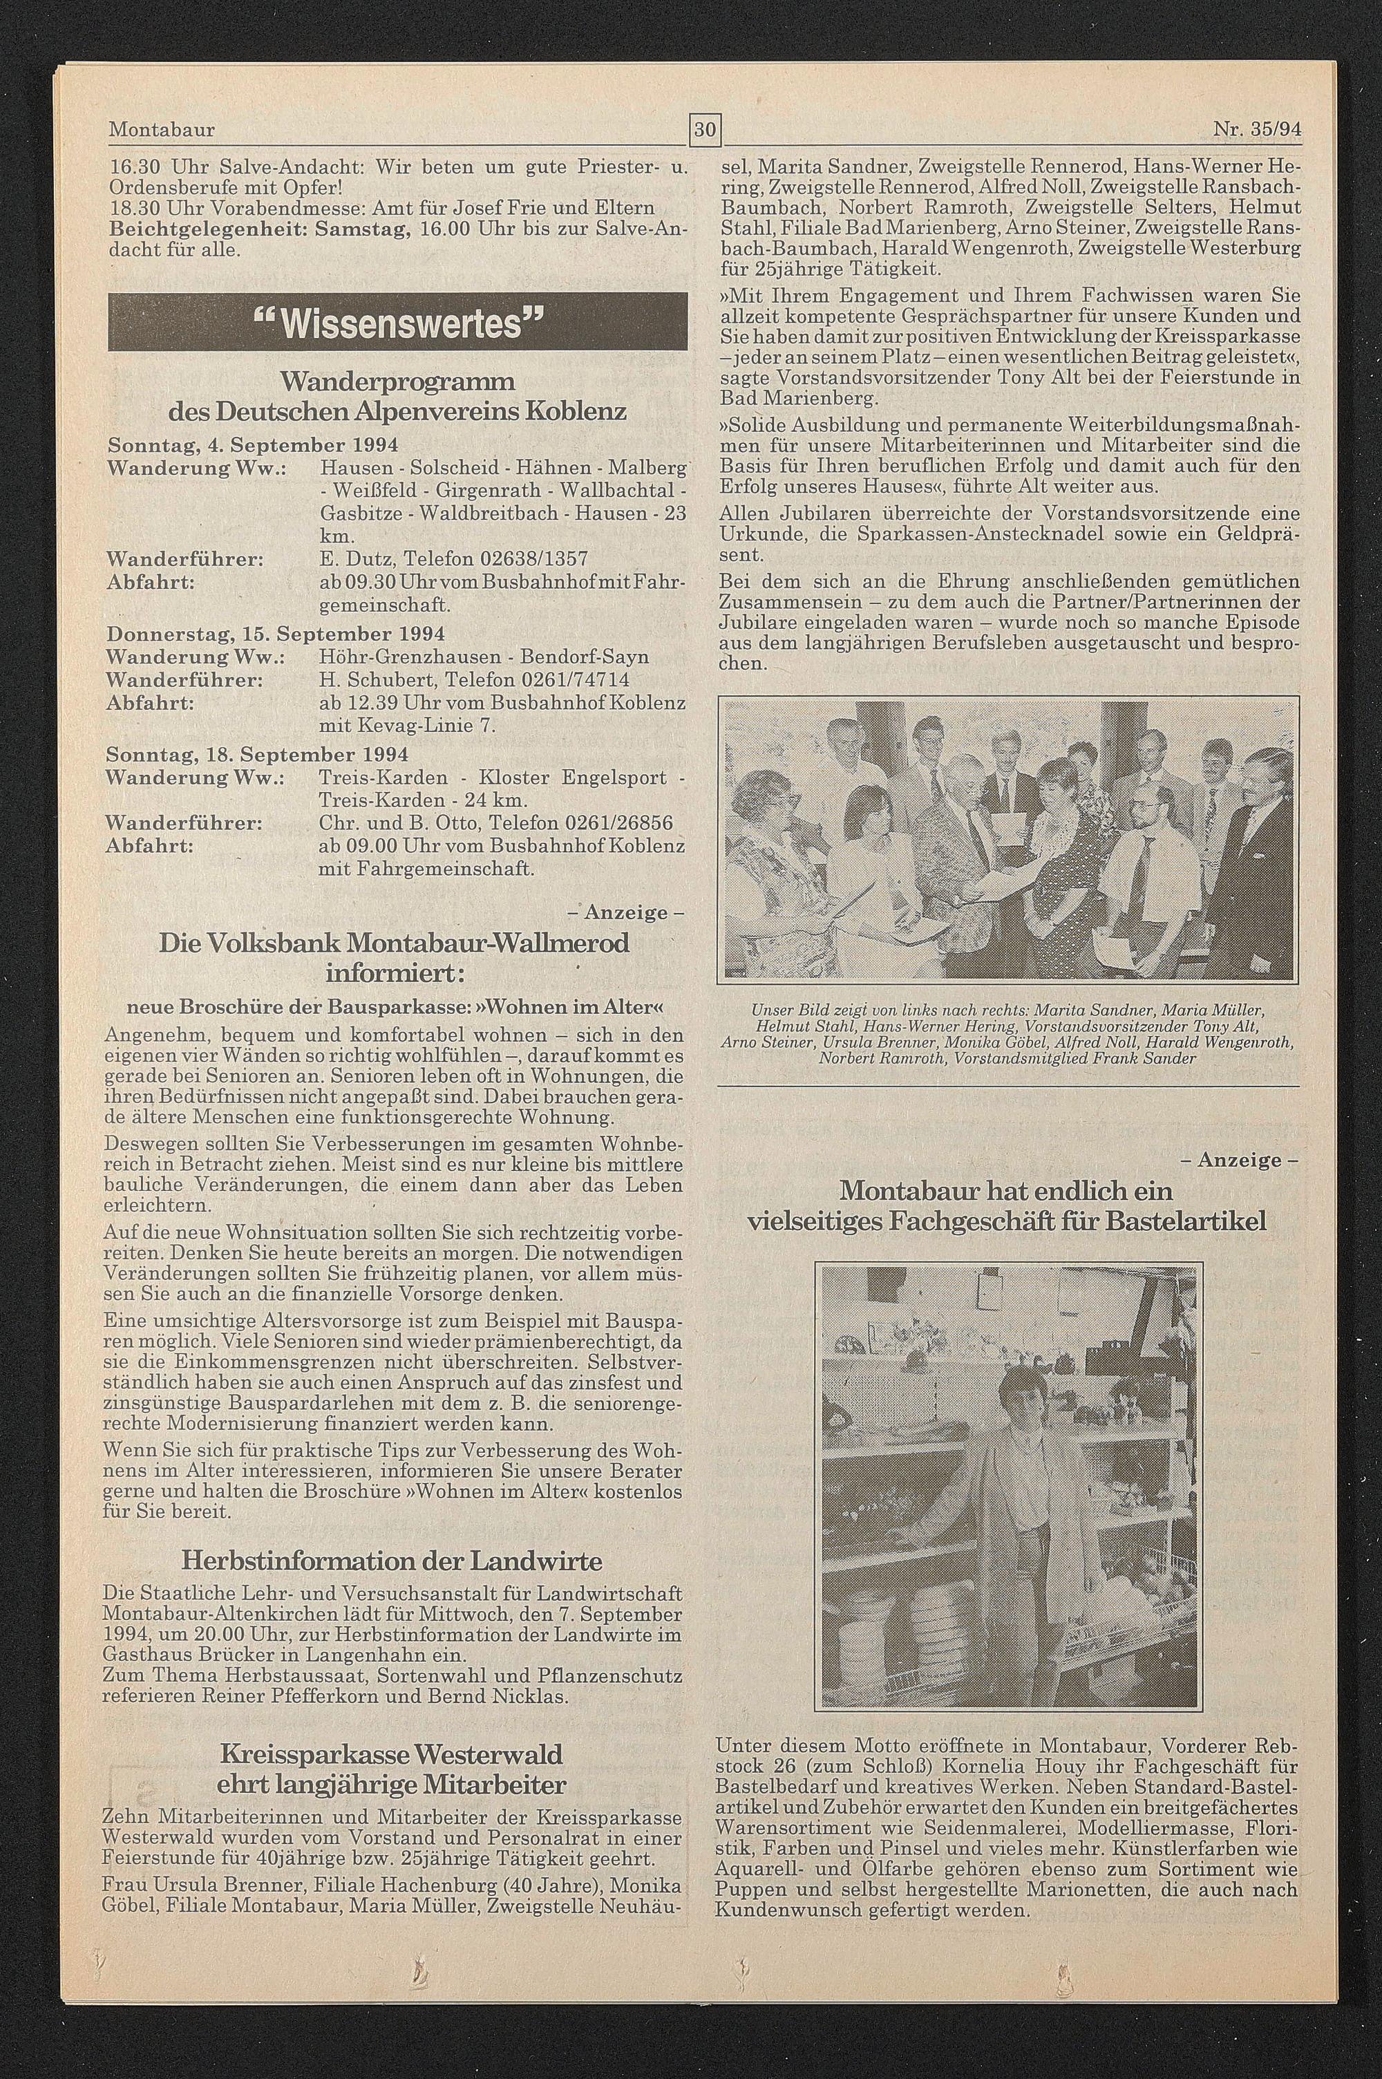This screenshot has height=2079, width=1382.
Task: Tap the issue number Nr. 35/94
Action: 1257,129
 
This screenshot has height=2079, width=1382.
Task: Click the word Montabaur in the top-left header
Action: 161,129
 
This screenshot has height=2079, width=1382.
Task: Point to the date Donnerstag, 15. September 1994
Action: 274,634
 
